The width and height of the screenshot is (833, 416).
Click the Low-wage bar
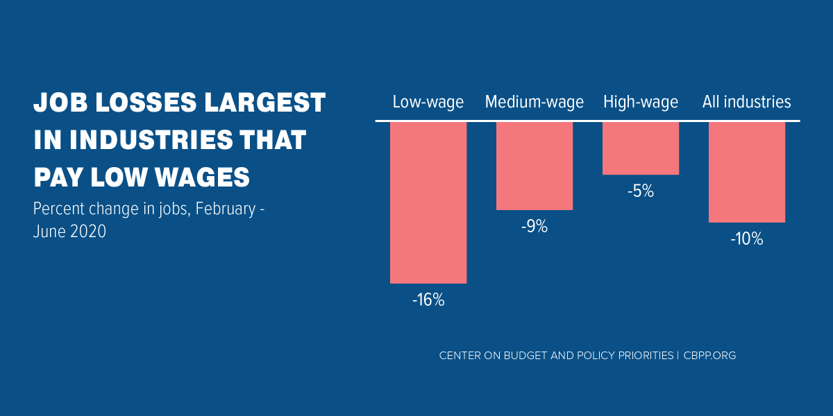pos(428,202)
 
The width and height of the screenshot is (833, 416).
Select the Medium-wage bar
pos(535,166)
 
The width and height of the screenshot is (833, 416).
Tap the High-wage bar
pos(641,148)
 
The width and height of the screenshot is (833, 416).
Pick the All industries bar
pos(747,172)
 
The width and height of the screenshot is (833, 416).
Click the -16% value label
pos(428,301)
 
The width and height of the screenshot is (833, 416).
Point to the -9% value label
pos(535,227)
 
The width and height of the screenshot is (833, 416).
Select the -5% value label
pos(641,191)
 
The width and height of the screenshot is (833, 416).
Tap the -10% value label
pos(747,240)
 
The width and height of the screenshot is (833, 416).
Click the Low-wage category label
pos(428,103)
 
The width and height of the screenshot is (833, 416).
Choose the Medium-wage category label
pos(535,103)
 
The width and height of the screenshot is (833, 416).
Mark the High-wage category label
pos(641,103)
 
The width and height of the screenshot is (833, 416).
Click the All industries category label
pos(747,103)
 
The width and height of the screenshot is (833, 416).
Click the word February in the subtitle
pos(226,209)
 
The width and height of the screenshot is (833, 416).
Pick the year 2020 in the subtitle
pos(88,232)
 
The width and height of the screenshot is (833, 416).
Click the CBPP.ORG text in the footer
pos(709,356)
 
